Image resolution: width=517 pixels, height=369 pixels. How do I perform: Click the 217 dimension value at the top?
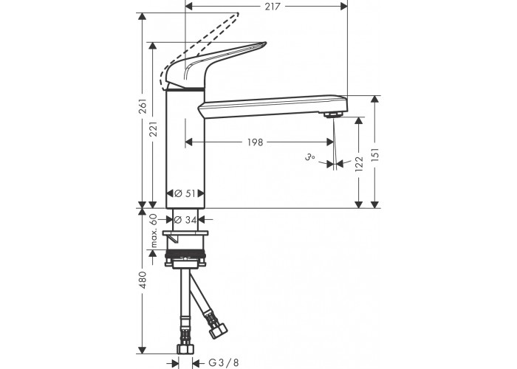[273, 6]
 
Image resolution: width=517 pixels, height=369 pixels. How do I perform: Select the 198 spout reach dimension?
[256, 142]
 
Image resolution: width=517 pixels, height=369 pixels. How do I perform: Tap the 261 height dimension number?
[143, 106]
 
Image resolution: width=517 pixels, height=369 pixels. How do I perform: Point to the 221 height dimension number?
[153, 129]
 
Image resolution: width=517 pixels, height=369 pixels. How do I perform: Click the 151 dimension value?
[375, 155]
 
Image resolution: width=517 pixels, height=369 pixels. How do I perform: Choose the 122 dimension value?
[359, 164]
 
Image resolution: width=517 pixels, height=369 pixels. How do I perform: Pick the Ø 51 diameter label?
[185, 193]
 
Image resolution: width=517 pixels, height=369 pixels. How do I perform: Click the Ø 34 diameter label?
[185, 219]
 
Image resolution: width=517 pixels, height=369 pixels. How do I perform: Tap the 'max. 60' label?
[153, 230]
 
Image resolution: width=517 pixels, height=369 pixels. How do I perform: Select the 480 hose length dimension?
[143, 280]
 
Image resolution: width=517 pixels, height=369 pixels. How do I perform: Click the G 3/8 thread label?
[224, 363]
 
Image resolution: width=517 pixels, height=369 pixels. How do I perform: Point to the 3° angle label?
[309, 157]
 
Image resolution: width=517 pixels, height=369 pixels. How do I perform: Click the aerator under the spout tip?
[333, 114]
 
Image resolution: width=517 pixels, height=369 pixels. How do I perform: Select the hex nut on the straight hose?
[185, 349]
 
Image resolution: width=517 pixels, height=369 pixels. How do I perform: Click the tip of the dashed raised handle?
[237, 14]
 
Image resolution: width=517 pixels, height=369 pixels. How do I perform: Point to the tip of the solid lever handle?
[265, 43]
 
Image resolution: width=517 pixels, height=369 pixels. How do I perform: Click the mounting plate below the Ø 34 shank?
[185, 233]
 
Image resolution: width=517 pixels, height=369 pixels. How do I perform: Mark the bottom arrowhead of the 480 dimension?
[142, 351]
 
